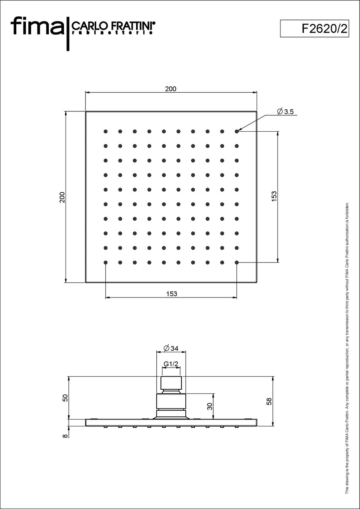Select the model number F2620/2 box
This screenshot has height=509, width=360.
(x=314, y=29)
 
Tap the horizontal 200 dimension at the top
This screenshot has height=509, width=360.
(x=171, y=89)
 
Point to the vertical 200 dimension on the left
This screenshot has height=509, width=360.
(x=62, y=197)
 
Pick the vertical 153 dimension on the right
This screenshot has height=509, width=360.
(x=274, y=197)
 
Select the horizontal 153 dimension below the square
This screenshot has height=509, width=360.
(x=171, y=294)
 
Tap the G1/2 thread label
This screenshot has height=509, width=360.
(x=171, y=364)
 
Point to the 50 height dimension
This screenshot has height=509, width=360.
(x=65, y=398)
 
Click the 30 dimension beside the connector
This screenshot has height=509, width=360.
(x=210, y=406)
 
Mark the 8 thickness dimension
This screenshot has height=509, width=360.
(x=65, y=436)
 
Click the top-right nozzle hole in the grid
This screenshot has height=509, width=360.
(x=237, y=131)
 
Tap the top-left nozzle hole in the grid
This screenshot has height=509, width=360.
(x=105, y=131)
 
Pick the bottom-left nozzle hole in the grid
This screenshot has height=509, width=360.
(x=105, y=262)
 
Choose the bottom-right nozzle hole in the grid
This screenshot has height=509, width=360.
(x=237, y=262)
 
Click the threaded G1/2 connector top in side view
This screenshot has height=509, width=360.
(x=171, y=383)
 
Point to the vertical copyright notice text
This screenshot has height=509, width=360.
(x=347, y=348)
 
